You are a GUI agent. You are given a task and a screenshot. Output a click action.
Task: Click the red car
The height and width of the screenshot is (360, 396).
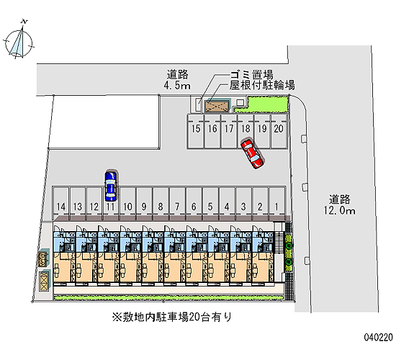(x=252, y=154)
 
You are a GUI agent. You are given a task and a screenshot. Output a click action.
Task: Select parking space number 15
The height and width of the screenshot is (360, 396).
(x=196, y=131)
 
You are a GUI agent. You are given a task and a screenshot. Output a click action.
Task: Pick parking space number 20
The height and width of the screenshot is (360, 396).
(x=279, y=131)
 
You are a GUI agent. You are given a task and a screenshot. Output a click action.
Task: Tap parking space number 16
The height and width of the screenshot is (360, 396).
(x=212, y=131)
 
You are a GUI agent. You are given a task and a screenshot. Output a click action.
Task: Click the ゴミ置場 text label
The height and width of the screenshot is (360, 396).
(x=251, y=75)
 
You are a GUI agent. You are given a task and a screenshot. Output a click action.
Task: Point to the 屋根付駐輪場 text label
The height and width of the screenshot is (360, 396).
(x=262, y=85)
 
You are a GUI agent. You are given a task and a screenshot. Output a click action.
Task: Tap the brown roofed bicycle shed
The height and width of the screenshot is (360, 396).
(x=217, y=106)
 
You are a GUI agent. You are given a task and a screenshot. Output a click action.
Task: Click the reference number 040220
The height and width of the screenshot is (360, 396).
(x=378, y=337)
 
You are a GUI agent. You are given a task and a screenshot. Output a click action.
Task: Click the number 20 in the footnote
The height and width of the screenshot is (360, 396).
(x=194, y=317)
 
